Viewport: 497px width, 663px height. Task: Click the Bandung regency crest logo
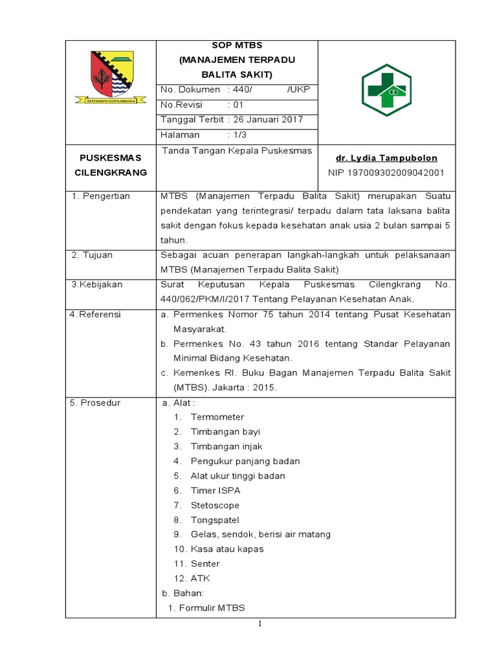[111, 77]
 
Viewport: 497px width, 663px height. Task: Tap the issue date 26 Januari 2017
[268, 119]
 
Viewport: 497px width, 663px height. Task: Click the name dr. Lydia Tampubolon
[386, 158]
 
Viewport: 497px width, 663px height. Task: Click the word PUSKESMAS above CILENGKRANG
[110, 157]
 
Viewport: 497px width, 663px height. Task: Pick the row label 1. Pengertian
[101, 196]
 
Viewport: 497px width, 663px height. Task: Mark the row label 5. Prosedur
[96, 403]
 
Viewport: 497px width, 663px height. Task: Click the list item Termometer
[217, 417]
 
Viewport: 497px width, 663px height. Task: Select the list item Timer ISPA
[215, 491]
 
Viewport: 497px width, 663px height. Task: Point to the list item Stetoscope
[215, 505]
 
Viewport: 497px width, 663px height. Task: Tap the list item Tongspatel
[215, 520]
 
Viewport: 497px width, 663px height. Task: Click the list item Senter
[205, 564]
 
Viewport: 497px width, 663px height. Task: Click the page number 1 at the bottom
[260, 624]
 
